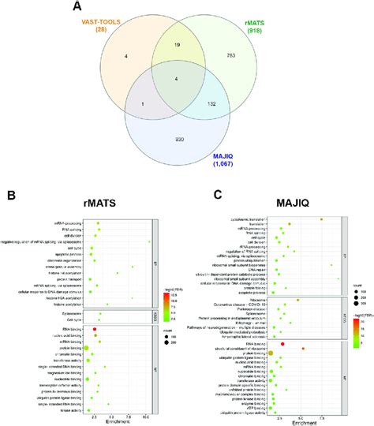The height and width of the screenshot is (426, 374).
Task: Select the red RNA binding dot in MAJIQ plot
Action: coord(282,345)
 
